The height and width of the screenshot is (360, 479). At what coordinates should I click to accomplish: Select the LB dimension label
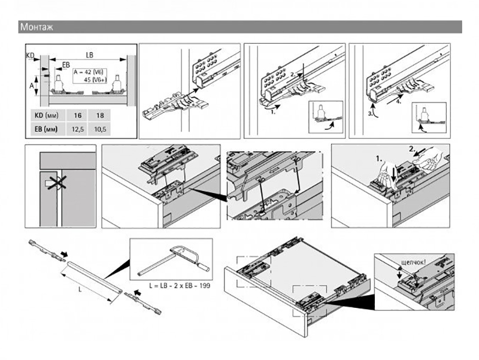(x=89, y=55)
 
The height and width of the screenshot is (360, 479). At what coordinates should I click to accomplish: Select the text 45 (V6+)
(x=93, y=78)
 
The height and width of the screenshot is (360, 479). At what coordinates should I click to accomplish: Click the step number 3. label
(x=371, y=111)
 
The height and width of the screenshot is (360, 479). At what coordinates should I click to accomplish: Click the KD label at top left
(x=31, y=55)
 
